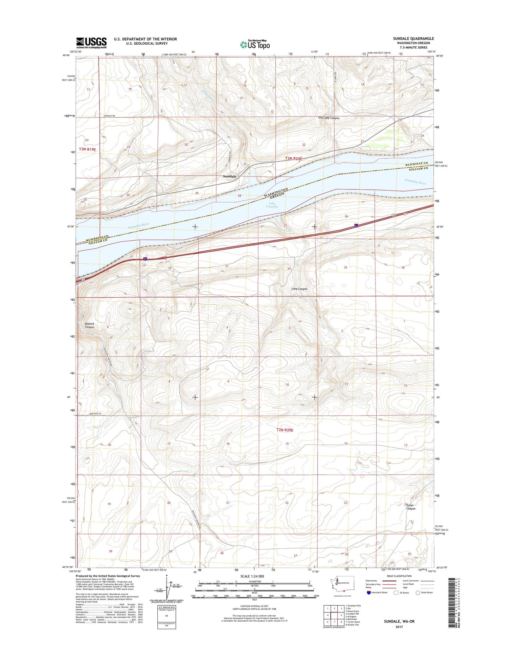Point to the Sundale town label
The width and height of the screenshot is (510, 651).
[x=229, y=176]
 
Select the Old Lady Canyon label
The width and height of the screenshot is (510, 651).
[x=328, y=118]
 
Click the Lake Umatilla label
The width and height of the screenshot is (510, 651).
[x=272, y=205]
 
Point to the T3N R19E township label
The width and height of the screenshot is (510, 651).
[x=87, y=149]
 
